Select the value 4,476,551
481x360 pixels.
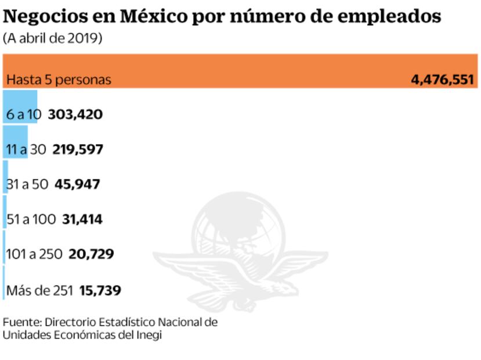[442, 80]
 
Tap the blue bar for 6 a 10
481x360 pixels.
[20, 106]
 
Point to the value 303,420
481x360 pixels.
[75, 114]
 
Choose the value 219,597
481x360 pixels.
[78, 150]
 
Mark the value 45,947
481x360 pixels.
[77, 185]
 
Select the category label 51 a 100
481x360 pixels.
[31, 219]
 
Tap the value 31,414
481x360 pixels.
[82, 219]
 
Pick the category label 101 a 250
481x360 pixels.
[34, 254]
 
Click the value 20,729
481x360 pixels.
[91, 254]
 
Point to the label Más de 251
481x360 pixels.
[39, 290]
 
